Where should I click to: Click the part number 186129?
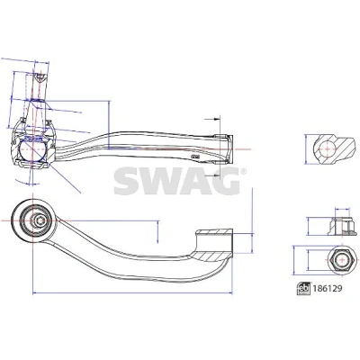pos(328,289)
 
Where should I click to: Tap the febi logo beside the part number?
pos(303,289)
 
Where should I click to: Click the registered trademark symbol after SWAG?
pos(244,172)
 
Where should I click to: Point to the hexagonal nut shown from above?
pos(341,260)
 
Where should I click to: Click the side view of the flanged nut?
pos(343,227)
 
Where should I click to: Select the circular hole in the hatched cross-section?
pos(326,148)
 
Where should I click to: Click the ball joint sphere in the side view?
pos(32,150)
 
